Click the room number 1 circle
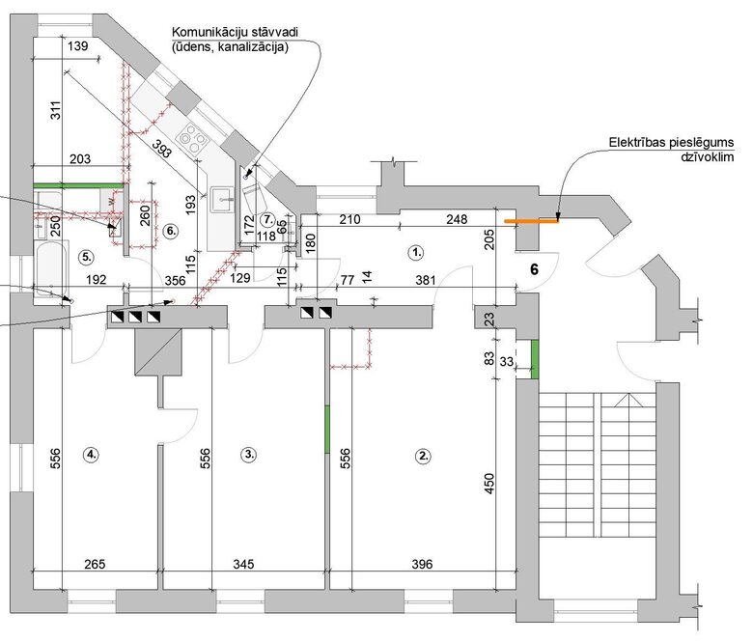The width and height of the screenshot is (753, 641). click(x=416, y=253)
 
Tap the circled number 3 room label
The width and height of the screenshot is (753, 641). click(x=249, y=454)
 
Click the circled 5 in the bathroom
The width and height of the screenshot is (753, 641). click(x=87, y=257)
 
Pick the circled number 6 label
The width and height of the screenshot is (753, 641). click(x=170, y=231)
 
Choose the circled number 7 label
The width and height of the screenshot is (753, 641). click(x=268, y=218)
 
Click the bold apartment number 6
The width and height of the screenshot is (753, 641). click(x=533, y=270)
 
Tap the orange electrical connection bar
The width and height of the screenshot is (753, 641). click(x=537, y=221)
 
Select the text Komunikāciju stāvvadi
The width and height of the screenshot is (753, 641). click(x=233, y=32)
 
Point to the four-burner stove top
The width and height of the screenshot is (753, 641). click(x=194, y=138)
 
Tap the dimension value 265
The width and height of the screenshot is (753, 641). click(x=93, y=564)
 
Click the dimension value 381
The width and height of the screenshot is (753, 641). click(x=423, y=281)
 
